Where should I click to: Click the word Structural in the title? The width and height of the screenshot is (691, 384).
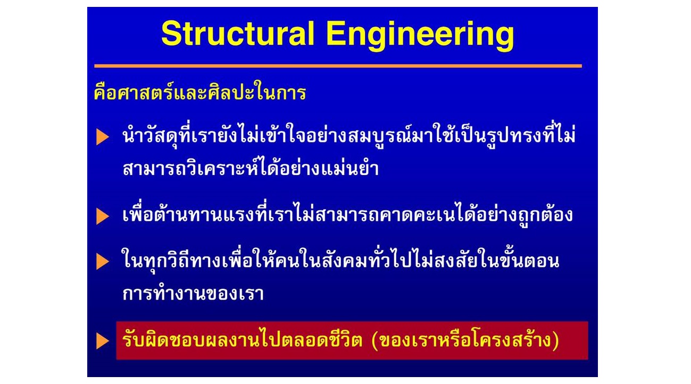click(x=238, y=34)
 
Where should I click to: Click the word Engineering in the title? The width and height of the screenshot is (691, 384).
click(x=420, y=36)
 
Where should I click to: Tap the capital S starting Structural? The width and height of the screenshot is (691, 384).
click(x=171, y=34)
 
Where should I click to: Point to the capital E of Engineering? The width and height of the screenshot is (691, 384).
click(x=335, y=34)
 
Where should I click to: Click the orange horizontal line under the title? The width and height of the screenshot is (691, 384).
click(x=338, y=66)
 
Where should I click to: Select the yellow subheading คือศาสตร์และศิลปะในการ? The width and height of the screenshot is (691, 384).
click(x=200, y=91)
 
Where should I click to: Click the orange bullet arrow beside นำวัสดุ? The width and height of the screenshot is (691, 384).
click(x=103, y=137)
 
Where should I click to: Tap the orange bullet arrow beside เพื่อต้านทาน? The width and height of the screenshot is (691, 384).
click(x=103, y=216)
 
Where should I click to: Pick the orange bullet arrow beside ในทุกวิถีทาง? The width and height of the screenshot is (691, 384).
click(x=103, y=262)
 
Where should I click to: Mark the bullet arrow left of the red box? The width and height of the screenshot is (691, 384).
click(x=103, y=341)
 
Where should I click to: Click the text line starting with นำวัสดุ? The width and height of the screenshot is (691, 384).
click(x=349, y=136)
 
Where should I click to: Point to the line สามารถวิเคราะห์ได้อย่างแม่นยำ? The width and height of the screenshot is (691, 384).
click(x=251, y=168)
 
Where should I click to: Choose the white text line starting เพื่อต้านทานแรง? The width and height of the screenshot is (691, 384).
click(x=348, y=214)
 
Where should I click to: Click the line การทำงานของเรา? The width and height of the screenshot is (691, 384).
click(x=193, y=293)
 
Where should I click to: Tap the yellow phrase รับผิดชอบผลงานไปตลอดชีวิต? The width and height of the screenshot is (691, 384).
click(x=242, y=340)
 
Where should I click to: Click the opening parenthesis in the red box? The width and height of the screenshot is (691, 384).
click(x=375, y=341)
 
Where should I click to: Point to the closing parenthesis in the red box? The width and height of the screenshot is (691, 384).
click(x=555, y=341)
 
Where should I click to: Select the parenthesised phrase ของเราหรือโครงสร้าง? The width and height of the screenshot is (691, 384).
click(x=465, y=340)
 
